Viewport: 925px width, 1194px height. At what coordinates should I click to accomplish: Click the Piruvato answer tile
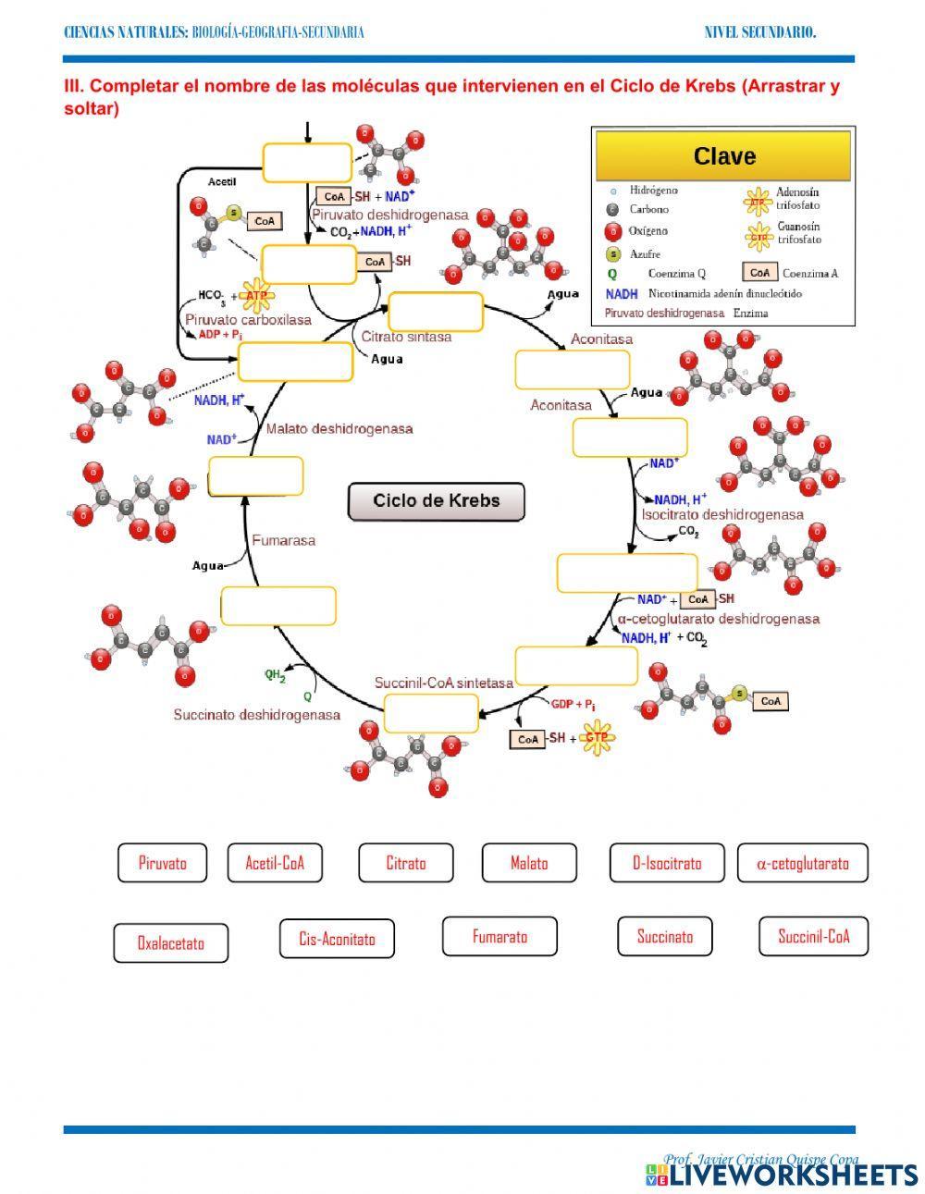(x=162, y=863)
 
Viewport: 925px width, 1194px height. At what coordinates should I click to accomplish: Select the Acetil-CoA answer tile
(x=275, y=863)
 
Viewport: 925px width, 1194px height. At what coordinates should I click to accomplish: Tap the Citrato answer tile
(x=406, y=863)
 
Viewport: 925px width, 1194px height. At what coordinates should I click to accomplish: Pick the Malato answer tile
(x=529, y=863)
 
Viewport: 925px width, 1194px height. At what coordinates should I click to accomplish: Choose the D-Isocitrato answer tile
(x=667, y=863)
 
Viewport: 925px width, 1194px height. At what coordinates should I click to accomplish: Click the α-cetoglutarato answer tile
(x=802, y=863)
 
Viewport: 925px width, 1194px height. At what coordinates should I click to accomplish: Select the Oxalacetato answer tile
(x=171, y=942)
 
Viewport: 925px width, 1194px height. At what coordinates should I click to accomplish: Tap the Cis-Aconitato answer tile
(x=337, y=939)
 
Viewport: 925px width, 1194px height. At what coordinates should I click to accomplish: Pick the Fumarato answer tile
(x=499, y=936)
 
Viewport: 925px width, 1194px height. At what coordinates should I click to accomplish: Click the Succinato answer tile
(x=664, y=936)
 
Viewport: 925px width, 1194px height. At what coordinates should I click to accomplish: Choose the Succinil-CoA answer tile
(x=813, y=936)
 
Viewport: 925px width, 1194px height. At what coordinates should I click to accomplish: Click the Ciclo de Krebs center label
(x=437, y=501)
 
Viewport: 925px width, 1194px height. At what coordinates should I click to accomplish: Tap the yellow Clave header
(x=723, y=156)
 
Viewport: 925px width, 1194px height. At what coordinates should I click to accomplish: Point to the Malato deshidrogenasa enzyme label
(x=339, y=429)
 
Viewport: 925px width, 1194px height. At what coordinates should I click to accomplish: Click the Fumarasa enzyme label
(x=284, y=540)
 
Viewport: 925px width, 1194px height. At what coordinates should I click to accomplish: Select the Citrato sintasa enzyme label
(x=406, y=337)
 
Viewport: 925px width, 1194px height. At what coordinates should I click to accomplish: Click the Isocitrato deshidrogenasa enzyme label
(x=722, y=514)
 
